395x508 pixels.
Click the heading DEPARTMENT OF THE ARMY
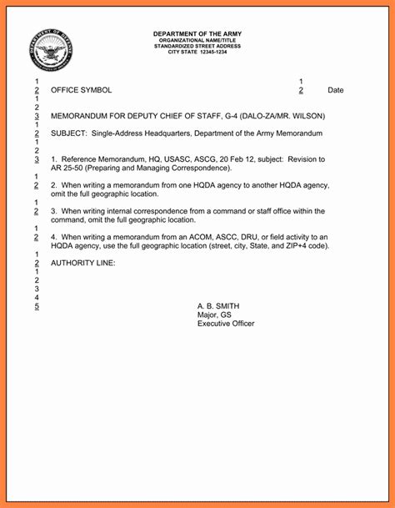click(197, 33)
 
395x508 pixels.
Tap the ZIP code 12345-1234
click(210, 52)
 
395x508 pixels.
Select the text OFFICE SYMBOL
click(81, 90)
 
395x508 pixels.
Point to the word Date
click(335, 90)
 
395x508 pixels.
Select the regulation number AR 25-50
click(68, 168)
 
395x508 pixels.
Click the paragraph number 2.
click(53, 185)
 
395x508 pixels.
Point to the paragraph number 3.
click(53, 211)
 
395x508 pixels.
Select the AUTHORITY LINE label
click(83, 264)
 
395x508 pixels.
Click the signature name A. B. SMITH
click(219, 306)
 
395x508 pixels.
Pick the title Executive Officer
click(226, 324)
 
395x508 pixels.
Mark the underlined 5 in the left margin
click(37, 306)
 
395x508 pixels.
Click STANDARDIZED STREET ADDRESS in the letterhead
click(197, 46)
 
